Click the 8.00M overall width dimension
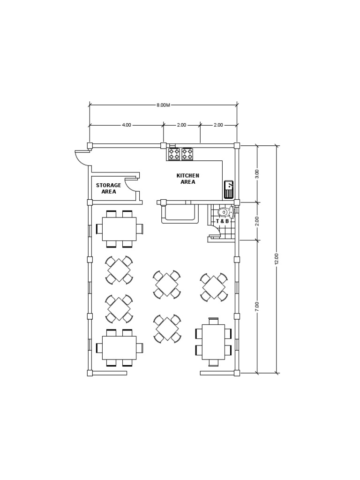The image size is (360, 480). (163, 105)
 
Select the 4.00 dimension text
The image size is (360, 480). (127, 125)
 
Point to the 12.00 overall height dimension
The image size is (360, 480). (277, 259)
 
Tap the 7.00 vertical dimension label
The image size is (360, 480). (256, 307)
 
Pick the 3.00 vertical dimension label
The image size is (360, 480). (256, 174)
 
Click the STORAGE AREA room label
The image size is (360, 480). (108, 188)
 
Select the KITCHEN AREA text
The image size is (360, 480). (187, 179)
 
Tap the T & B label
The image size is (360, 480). (222, 221)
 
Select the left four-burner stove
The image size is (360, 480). (174, 153)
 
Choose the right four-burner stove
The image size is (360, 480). (187, 153)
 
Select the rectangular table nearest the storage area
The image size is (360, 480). (119, 229)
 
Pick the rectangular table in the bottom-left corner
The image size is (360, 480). (119, 347)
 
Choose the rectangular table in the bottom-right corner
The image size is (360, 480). (213, 342)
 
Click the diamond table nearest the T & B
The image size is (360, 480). (214, 287)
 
